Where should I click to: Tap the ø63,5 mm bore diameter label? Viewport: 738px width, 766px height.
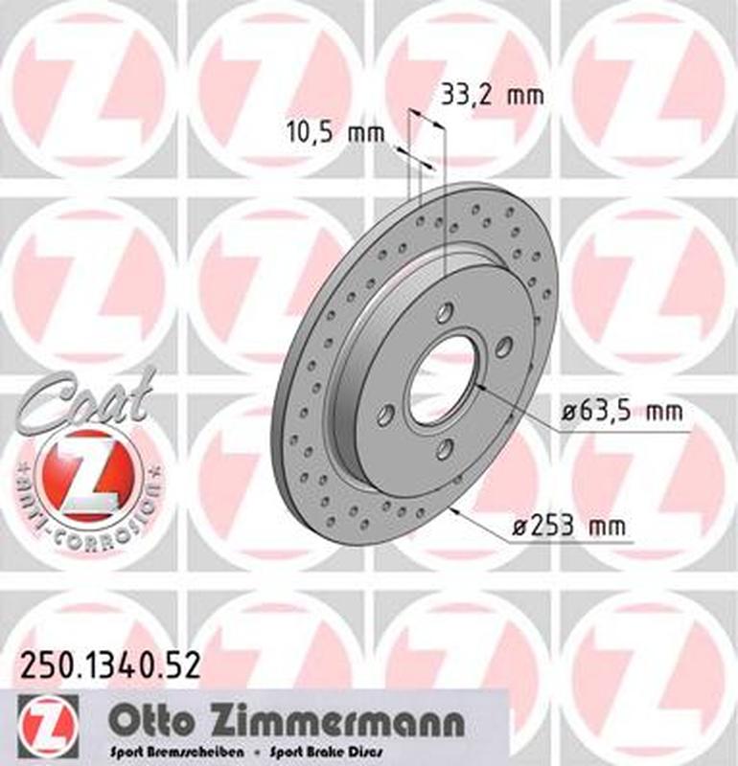click(x=622, y=413)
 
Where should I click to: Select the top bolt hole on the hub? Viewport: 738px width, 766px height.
click(x=445, y=313)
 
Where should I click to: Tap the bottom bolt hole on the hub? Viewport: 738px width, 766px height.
click(x=444, y=450)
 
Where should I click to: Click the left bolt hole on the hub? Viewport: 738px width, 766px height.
click(x=386, y=416)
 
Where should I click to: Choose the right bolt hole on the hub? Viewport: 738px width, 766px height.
click(x=503, y=347)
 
